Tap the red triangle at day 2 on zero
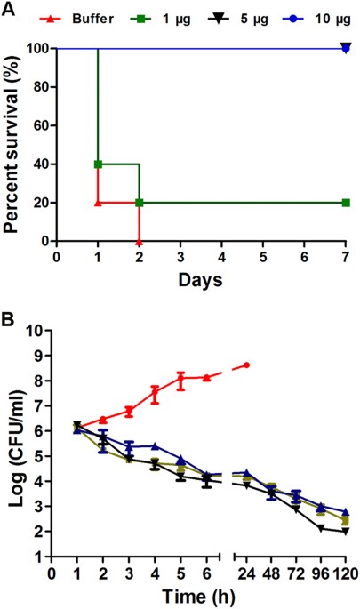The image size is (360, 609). (139, 241)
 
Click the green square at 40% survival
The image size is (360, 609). (98, 164)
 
